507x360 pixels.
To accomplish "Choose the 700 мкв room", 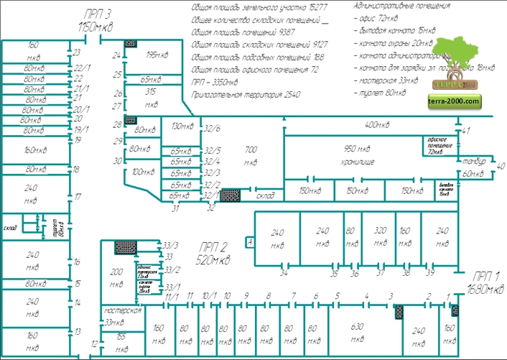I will [251, 155].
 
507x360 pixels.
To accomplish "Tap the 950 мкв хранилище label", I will [357, 154].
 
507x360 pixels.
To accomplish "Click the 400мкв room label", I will [376, 125].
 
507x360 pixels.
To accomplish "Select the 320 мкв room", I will [381, 238].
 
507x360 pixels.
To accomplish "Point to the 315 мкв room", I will [152, 98].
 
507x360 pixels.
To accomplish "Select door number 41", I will [466, 130].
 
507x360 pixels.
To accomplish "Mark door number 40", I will [501, 166].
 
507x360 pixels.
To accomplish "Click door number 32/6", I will [213, 129].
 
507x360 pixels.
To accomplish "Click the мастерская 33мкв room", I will [120, 317].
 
